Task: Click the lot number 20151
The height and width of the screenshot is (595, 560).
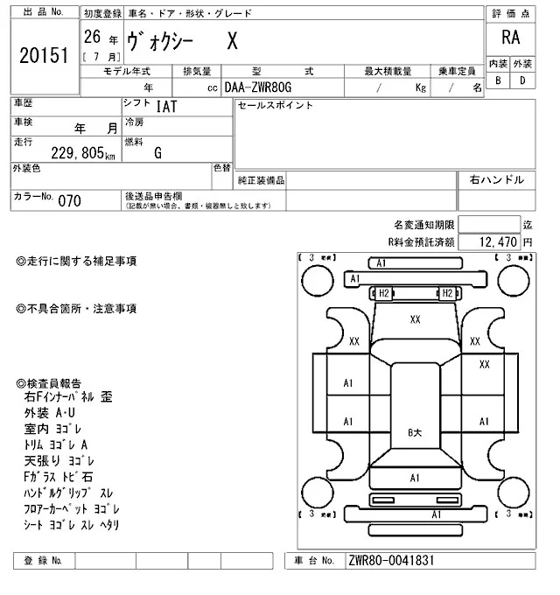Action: coord(43,56)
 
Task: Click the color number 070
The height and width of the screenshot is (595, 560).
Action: coord(69,200)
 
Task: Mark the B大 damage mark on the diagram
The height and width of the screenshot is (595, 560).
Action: coord(416,433)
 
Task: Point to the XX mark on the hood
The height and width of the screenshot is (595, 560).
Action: coord(415,319)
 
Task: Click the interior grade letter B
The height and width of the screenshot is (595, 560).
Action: coord(497,80)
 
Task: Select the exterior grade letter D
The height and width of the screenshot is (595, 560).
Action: coord(522,80)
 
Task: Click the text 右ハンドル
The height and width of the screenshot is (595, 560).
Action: coord(496,179)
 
